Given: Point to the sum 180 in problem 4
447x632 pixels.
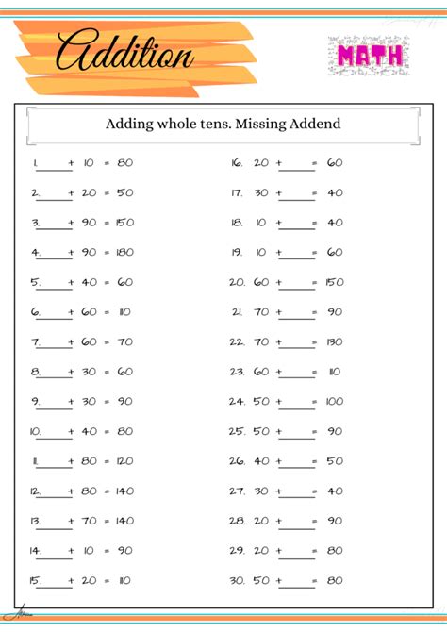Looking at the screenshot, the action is point(124,253).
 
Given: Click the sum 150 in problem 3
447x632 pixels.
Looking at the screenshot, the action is point(124,224).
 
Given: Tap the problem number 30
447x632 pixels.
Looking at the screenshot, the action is point(236,580).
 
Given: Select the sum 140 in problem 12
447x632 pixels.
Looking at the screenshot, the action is point(124,491).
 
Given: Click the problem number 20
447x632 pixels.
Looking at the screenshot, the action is point(236,282).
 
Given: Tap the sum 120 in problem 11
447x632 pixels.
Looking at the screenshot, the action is point(124,462).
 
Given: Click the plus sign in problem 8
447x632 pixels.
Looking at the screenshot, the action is point(71,373).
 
